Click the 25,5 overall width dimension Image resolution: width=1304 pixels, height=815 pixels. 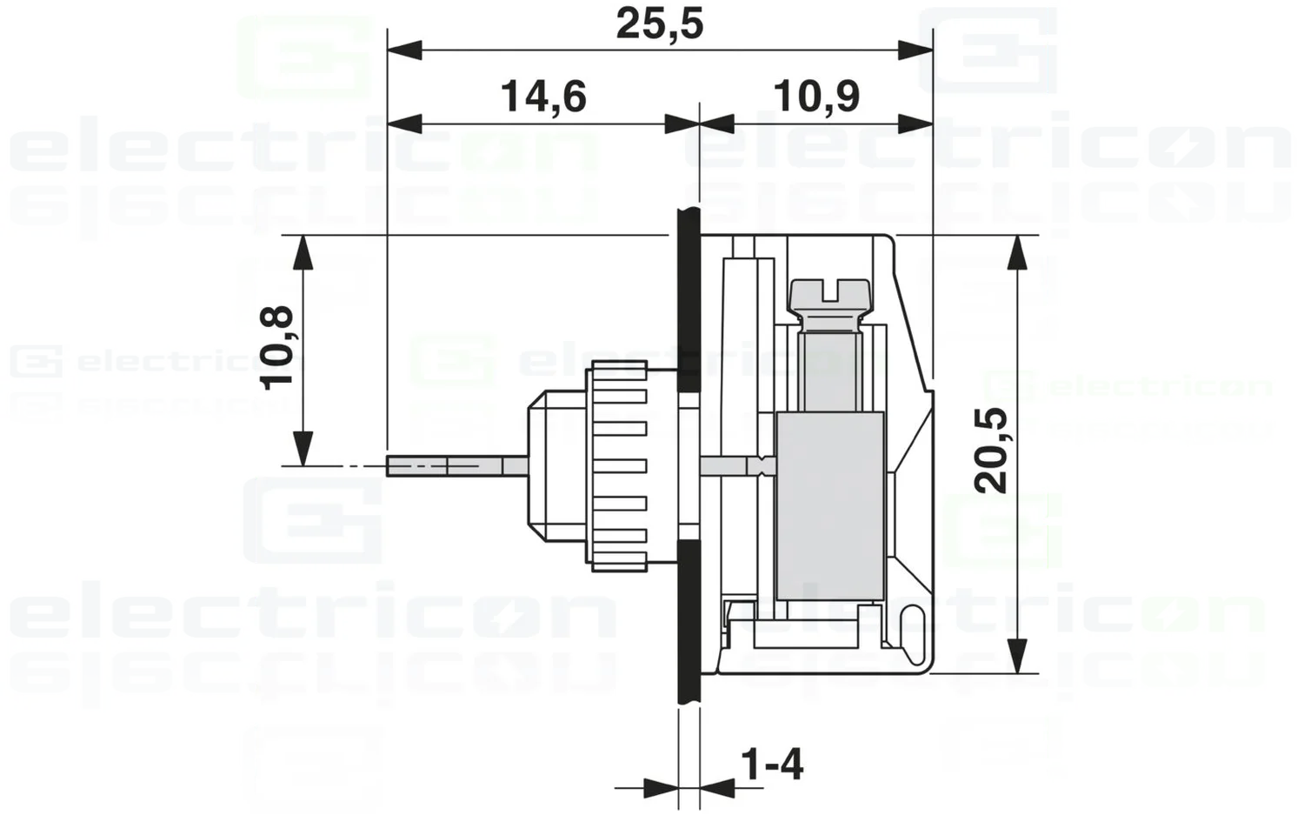click(x=659, y=23)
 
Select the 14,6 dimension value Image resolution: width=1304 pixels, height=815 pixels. click(x=543, y=96)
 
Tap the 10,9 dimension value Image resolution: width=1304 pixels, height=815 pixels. click(x=815, y=96)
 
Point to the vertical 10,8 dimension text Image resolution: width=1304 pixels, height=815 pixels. click(x=277, y=347)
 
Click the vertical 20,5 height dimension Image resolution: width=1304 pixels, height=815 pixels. click(x=990, y=451)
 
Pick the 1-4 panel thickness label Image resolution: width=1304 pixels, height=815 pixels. click(x=771, y=765)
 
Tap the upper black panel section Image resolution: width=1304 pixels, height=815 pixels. click(x=689, y=300)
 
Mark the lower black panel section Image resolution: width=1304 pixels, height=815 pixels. click(x=689, y=622)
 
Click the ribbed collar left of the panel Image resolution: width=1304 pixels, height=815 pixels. click(x=619, y=466)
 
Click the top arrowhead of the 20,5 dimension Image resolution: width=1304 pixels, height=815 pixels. click(x=1016, y=252)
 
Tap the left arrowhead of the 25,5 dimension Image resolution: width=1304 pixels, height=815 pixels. click(x=404, y=50)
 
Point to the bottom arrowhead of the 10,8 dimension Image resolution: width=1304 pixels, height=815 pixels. click(x=302, y=449)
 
